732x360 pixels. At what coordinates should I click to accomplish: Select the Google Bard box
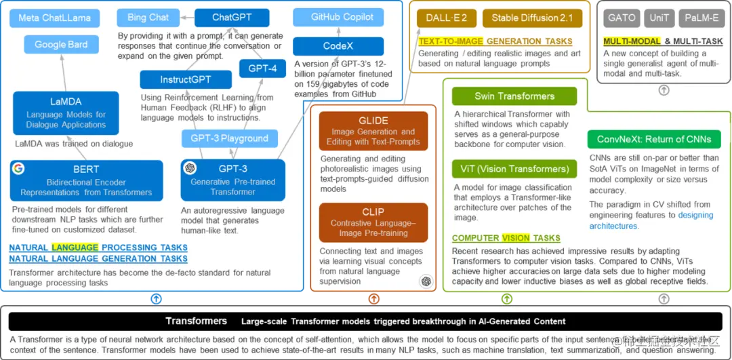click(61, 45)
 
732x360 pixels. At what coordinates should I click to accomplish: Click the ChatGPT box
click(232, 18)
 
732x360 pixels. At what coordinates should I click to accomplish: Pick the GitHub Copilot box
click(342, 17)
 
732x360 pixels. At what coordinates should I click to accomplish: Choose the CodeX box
click(338, 46)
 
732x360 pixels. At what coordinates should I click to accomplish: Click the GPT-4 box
click(262, 68)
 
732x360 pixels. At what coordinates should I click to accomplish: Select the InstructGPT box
click(186, 80)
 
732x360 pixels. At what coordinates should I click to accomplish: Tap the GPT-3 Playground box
click(229, 138)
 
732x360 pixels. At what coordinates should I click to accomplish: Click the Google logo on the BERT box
click(18, 169)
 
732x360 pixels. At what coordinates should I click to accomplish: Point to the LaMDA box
click(66, 113)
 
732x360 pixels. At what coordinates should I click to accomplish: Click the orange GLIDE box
click(373, 131)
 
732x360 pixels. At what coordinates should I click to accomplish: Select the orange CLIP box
click(373, 222)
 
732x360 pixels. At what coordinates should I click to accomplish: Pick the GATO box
click(622, 18)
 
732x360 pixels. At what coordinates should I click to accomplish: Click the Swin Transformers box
click(514, 96)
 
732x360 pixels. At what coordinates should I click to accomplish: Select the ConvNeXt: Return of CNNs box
click(654, 139)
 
